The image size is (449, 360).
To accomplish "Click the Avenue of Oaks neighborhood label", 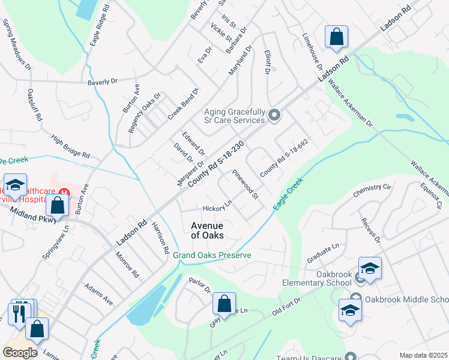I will (207, 230).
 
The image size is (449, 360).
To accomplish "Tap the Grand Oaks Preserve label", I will (212, 255).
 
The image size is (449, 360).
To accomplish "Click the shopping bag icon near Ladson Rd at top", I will (337, 37).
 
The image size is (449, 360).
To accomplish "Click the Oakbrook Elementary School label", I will (317, 278).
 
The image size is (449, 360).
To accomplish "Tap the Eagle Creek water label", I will (288, 193).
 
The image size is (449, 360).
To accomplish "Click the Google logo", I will (20, 352).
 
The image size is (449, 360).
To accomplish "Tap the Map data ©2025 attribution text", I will (423, 355).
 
